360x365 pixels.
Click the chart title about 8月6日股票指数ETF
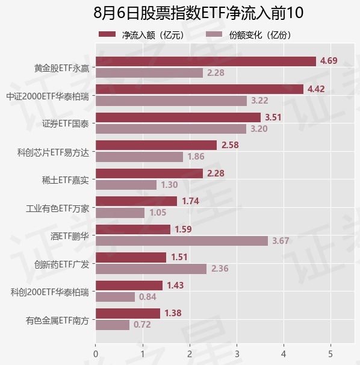pyautogui.click(x=198, y=13)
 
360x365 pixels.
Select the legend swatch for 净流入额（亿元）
pyautogui.click(x=107, y=34)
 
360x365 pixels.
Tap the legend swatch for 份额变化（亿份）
pyautogui.click(x=214, y=34)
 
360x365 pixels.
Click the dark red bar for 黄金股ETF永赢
pyautogui.click(x=206, y=61)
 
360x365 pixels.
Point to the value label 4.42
pyautogui.click(x=316, y=89)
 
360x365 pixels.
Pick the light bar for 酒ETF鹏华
pyautogui.click(x=182, y=241)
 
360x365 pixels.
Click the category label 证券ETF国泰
pyautogui.click(x=66, y=123)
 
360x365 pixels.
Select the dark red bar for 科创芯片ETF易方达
pyautogui.click(x=156, y=145)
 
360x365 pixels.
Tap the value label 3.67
pyautogui.click(x=281, y=241)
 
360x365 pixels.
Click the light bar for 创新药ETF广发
pyautogui.click(x=151, y=269)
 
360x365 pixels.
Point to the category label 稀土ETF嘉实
pyautogui.click(x=66, y=180)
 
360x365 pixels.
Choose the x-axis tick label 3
pyautogui.click(x=237, y=354)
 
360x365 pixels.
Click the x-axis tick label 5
pyautogui.click(x=331, y=354)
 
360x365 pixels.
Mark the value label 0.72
pyautogui.click(x=142, y=325)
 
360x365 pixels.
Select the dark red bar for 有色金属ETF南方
pyautogui.click(x=128, y=313)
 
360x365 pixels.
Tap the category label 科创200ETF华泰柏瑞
pyautogui.click(x=50, y=292)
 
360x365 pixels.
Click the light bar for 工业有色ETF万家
pyautogui.click(x=120, y=213)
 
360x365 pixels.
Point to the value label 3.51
pyautogui.click(x=273, y=117)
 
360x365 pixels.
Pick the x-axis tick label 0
pyautogui.click(x=96, y=354)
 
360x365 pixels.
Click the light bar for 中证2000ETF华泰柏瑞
pyautogui.click(x=172, y=101)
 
